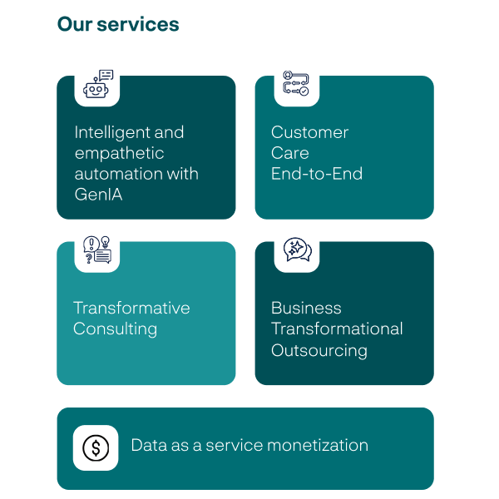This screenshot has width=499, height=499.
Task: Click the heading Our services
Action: click(118, 25)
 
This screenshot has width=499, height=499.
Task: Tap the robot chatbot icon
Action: click(97, 83)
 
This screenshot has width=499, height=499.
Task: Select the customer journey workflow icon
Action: click(297, 83)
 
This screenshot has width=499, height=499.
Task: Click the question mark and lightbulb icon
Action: click(97, 249)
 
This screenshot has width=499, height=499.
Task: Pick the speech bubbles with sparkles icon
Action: click(297, 249)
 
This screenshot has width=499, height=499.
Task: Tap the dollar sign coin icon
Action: click(96, 448)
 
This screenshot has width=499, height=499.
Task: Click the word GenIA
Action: click(98, 195)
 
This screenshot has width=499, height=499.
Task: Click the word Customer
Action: click(309, 132)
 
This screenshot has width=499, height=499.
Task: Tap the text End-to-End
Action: click(317, 175)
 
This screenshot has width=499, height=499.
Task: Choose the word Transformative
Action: click(131, 308)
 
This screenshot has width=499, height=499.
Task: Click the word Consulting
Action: click(115, 329)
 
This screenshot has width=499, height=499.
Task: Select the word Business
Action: click(306, 308)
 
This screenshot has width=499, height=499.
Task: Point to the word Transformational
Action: click(337, 329)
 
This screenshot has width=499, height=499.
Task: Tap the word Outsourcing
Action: click(319, 350)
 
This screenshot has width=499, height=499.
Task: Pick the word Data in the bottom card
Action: click(149, 445)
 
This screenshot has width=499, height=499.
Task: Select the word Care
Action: click(289, 153)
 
